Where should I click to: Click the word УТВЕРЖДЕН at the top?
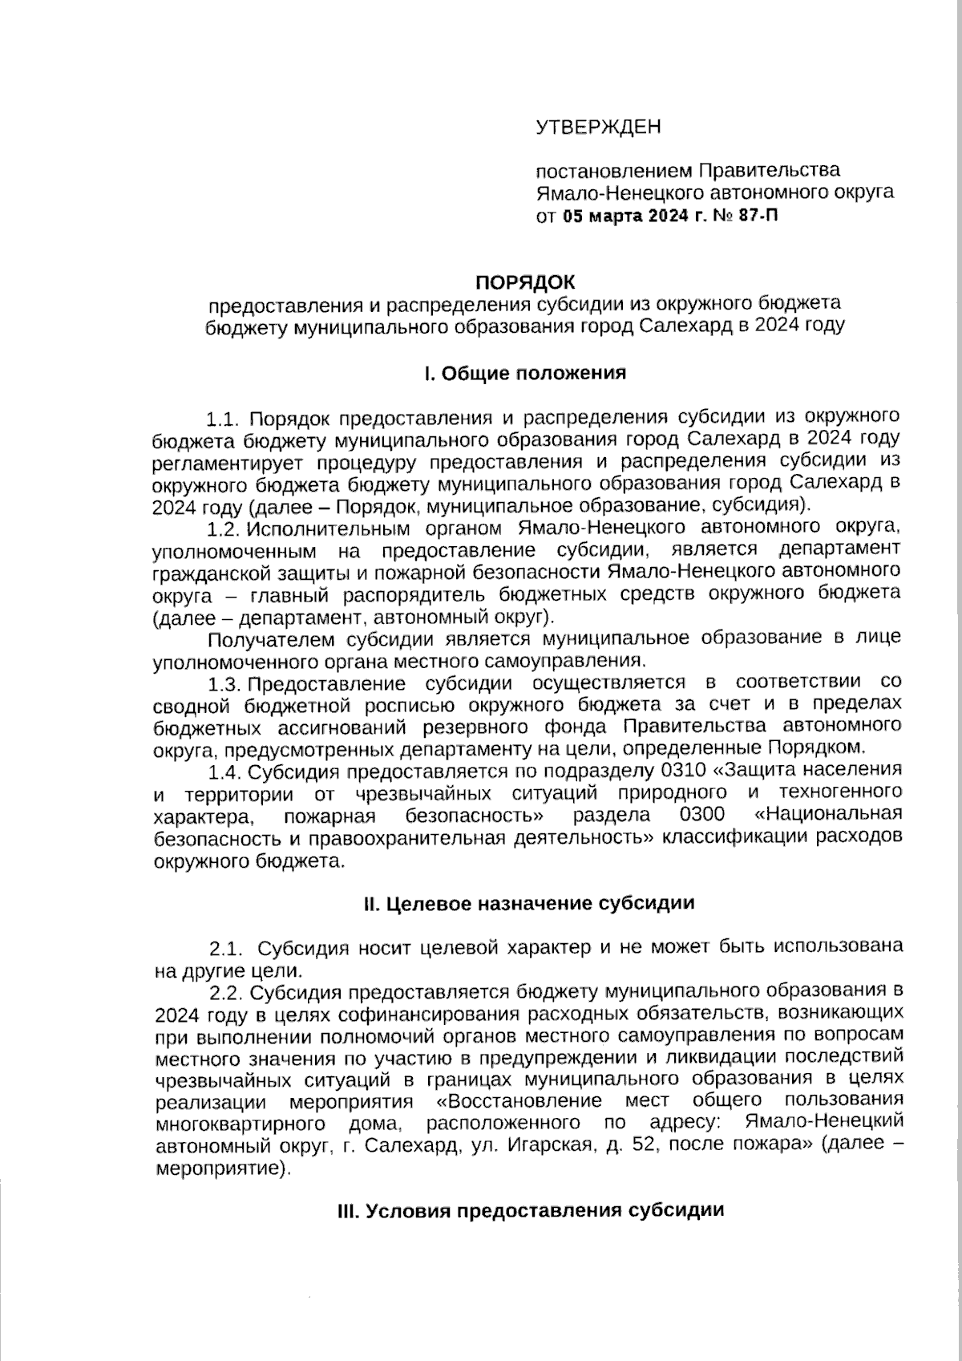[598, 127]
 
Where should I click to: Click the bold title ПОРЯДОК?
[525, 282]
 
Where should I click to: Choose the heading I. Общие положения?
[525, 373]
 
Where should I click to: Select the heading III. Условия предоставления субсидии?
[530, 1210]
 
